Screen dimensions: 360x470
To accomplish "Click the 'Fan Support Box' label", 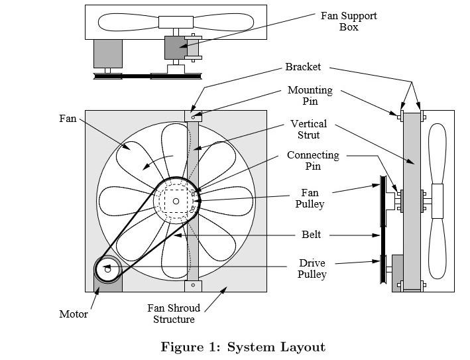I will pyautogui.click(x=348, y=21).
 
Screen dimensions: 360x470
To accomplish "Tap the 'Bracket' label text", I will pyautogui.click(x=303, y=67).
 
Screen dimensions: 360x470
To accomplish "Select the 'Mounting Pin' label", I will pyautogui.click(x=310, y=95).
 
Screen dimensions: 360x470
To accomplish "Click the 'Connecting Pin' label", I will pyautogui.click(x=312, y=160).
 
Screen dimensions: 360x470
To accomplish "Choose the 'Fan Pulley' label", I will pyautogui.click(x=310, y=199).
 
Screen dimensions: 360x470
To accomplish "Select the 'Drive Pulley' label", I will pyautogui.click(x=312, y=269).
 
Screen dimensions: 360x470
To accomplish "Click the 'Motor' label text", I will pyautogui.click(x=74, y=314).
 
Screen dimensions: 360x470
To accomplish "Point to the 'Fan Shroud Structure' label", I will pyautogui.click(x=171, y=314).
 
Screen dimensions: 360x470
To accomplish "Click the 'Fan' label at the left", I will pyautogui.click(x=68, y=119).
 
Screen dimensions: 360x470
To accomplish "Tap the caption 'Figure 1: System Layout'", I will pyautogui.click(x=243, y=347).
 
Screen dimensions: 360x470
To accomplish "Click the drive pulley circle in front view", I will pyautogui.click(x=107, y=269).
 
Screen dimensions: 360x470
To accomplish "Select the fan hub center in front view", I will pyautogui.click(x=176, y=201).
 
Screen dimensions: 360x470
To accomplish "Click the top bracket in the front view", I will pyautogui.click(x=193, y=115).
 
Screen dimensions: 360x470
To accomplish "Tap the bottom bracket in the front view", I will pyautogui.click(x=193, y=285).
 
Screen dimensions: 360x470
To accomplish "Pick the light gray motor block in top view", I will pyautogui.click(x=107, y=53).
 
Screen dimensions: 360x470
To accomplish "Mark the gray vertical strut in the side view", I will pyautogui.click(x=412, y=199).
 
